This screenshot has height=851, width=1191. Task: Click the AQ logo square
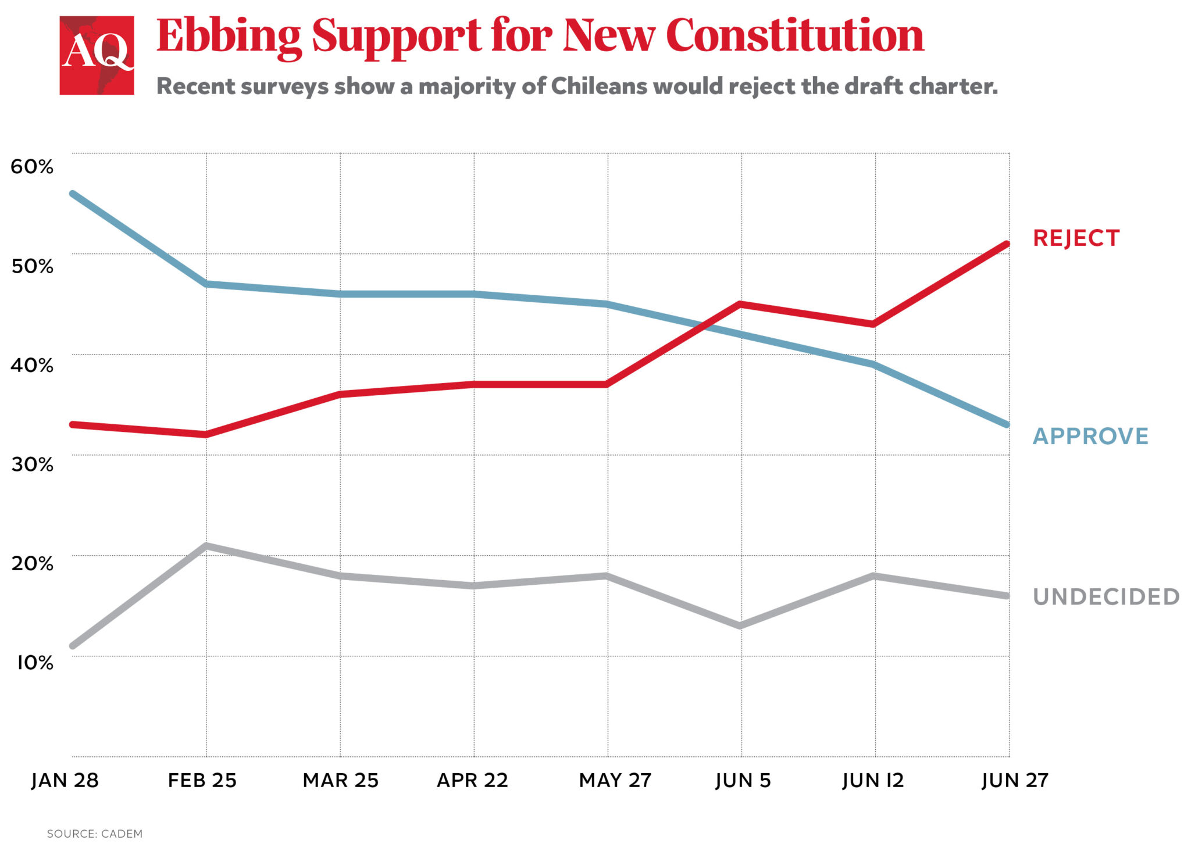tap(97, 55)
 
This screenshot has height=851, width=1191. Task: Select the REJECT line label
tap(1076, 238)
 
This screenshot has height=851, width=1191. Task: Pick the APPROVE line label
tap(1090, 436)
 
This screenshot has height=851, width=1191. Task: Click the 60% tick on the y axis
tap(32, 167)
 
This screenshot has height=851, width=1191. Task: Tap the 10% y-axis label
tap(34, 663)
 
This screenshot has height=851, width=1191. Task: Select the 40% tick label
tap(32, 365)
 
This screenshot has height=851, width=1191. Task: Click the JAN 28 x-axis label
tap(65, 780)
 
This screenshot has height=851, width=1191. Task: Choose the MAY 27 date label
tap(615, 780)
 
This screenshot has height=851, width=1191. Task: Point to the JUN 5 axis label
tap(743, 780)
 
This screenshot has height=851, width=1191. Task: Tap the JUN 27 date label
tap(1015, 780)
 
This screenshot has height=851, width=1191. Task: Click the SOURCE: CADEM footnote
tap(95, 834)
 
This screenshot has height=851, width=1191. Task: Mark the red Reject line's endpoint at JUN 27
tap(1008, 244)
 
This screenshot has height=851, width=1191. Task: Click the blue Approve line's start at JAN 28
tap(72, 194)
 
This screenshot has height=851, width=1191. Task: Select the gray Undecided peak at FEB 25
tap(206, 546)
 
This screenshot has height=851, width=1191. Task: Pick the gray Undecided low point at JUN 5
tap(740, 626)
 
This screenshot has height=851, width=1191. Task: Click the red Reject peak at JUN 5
tap(740, 303)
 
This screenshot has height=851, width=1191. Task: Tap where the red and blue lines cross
tap(705, 326)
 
